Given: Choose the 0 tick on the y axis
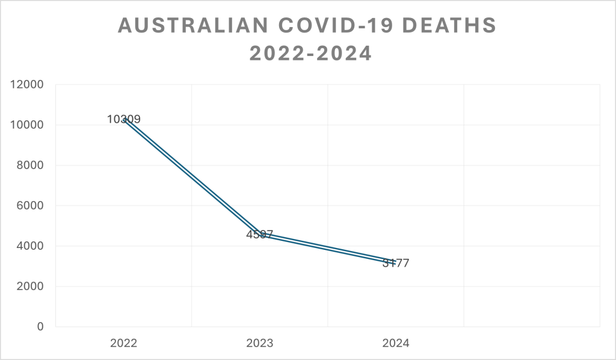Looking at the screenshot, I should (x=40, y=327).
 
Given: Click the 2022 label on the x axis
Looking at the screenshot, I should (x=123, y=344).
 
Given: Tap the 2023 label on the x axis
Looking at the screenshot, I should (x=260, y=344).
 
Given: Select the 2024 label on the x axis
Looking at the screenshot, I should (x=396, y=344).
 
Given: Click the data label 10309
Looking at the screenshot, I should (x=124, y=119).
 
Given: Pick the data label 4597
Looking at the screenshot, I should (x=260, y=234).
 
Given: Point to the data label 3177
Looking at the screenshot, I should (x=396, y=263).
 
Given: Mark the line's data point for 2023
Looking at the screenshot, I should (x=260, y=234).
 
